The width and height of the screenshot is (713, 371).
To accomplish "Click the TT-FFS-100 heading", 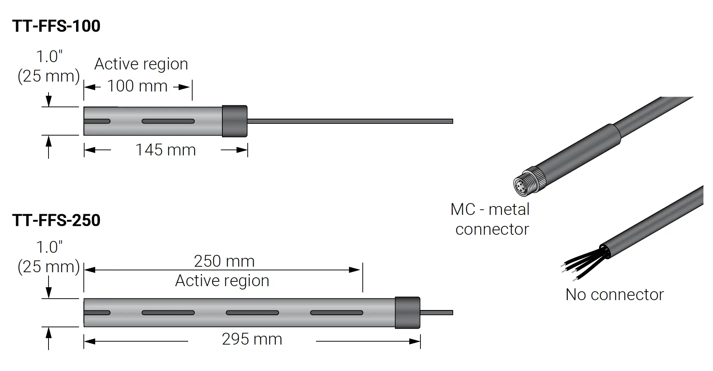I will point(56,26).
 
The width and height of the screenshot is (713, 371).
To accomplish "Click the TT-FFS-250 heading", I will point(56,220).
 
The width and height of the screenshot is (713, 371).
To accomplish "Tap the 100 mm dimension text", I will point(137,86).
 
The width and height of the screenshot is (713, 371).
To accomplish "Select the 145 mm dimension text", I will point(165,150).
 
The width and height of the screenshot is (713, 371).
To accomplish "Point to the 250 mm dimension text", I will point(224,261).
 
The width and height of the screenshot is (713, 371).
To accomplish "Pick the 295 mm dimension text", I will point(252,339).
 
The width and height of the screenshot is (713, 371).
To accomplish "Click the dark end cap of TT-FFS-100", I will point(234,121).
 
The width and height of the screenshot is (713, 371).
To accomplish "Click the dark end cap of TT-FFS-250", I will point(407,313).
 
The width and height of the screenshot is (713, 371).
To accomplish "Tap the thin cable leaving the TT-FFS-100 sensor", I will point(349,121).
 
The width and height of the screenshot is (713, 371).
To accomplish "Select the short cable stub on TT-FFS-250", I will point(436,313).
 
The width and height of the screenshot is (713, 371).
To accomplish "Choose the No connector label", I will point(615,295).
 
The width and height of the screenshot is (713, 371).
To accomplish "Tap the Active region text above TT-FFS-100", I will point(141,64).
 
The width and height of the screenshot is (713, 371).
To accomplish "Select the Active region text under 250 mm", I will point(222,281).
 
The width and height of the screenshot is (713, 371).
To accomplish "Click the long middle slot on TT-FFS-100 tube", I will point(168,121).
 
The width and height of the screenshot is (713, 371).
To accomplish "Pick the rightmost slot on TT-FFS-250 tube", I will point(337,313).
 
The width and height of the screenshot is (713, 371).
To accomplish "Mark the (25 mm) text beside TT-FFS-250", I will point(49,267).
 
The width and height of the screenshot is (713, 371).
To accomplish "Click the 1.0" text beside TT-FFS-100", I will point(49,57).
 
